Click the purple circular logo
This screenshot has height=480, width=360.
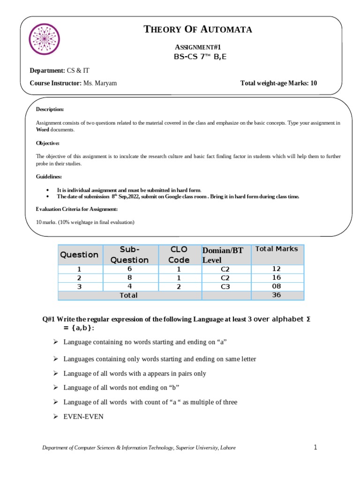tap(45, 39)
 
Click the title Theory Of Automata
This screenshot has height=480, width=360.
tap(197, 30)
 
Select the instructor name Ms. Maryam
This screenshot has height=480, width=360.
tap(100, 83)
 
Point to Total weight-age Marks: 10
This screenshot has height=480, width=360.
tap(278, 83)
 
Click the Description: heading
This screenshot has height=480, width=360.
tap(50, 109)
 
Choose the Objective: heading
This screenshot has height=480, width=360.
tap(48, 143)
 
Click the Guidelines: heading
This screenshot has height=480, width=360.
tap(49, 177)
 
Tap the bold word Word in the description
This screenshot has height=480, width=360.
tap(43, 129)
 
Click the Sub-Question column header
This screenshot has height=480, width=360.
tap(129, 255)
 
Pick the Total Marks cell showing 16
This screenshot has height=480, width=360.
tap(277, 277)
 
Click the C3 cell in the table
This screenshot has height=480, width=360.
tap(225, 286)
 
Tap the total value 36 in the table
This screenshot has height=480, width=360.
tap(277, 295)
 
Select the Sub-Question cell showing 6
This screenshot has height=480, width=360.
tap(129, 269)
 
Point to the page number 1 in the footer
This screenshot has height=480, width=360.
tap(315, 447)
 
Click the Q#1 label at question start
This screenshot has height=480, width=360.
tap(50, 319)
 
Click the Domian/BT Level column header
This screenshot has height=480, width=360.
tap(223, 255)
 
